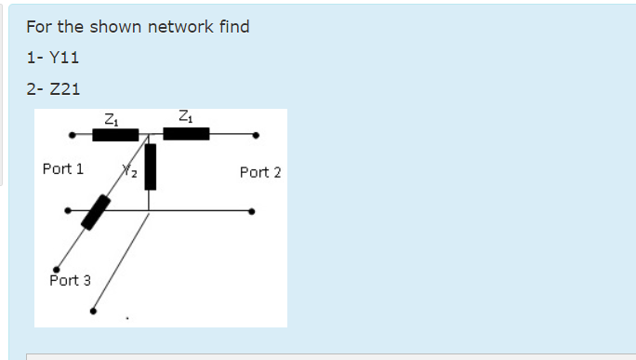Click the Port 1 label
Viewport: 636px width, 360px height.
coord(62,169)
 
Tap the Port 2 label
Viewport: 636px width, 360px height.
coord(259,172)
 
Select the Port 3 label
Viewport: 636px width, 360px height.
coord(70,280)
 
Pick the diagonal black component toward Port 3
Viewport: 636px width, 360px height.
coord(95,212)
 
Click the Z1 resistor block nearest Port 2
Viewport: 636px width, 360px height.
coord(186,134)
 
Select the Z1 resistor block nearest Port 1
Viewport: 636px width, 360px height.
coord(115,135)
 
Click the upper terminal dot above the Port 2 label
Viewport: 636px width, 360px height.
coord(256,134)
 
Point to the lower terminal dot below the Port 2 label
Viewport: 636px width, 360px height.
coord(255,211)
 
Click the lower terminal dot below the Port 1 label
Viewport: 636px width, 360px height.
coord(67,210)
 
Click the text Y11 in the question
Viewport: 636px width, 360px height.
coord(64,58)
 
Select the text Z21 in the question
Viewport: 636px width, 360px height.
coord(64,89)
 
